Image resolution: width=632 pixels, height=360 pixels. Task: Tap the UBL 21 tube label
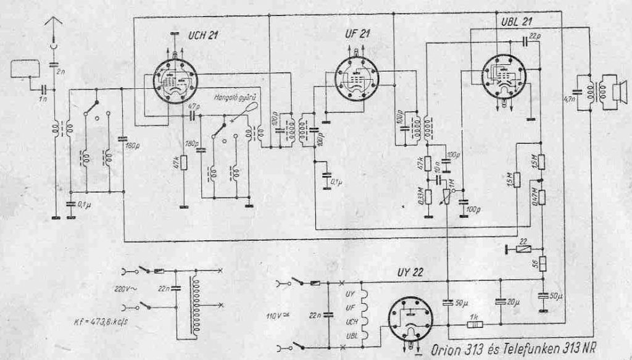tap(518, 21)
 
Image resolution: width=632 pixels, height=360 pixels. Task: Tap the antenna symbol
tap(54, 26)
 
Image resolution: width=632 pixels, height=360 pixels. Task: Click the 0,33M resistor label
tap(418, 197)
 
